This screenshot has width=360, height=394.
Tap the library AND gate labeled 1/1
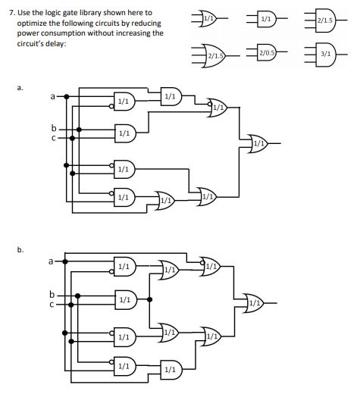click(x=266, y=18)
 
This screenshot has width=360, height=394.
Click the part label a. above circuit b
click(x=11, y=87)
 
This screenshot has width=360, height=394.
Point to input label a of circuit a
click(x=52, y=97)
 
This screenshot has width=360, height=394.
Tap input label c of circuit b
click(x=52, y=303)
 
